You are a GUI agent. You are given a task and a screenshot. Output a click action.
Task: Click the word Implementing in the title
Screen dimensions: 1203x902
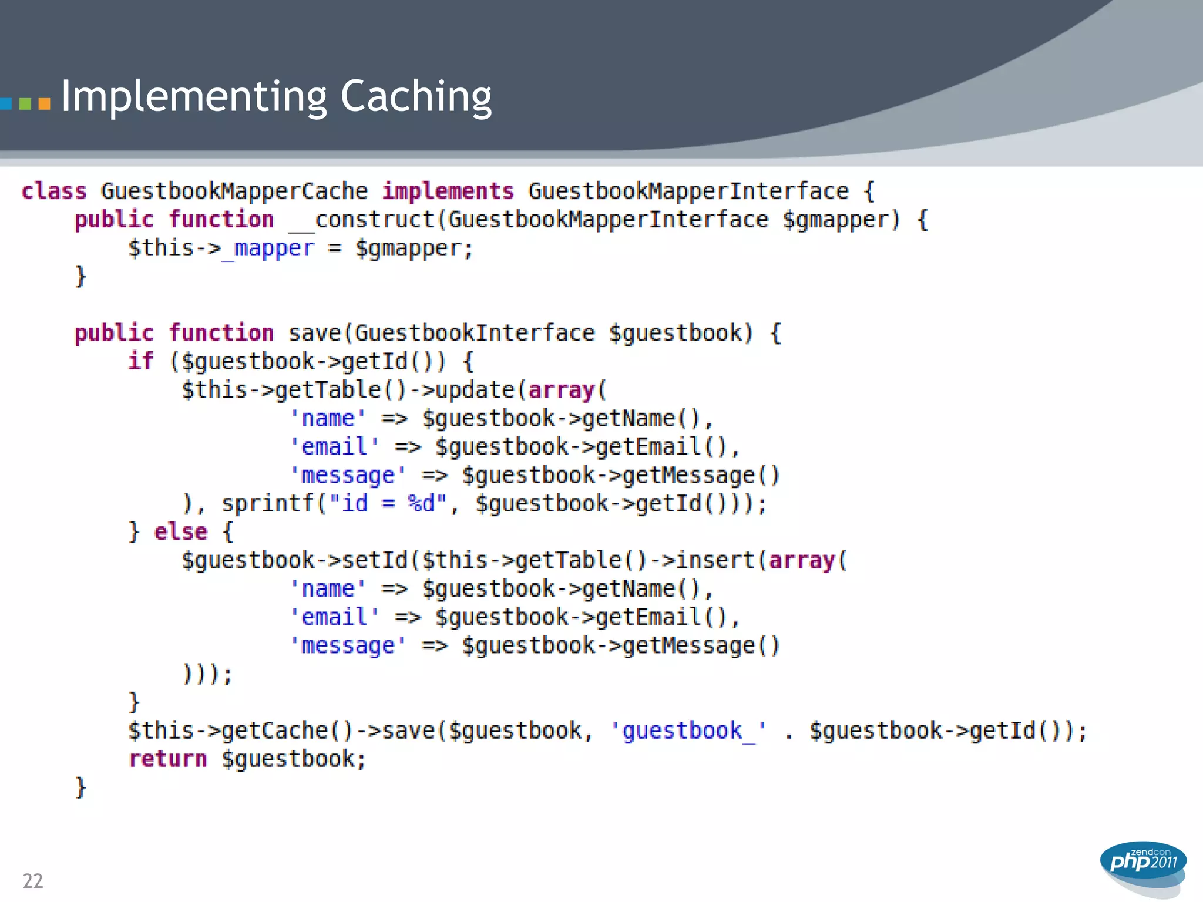coord(194,97)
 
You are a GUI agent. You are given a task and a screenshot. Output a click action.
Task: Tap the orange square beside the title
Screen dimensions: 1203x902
coord(44,105)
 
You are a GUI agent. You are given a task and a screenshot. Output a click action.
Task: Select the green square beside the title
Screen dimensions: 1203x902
coord(25,105)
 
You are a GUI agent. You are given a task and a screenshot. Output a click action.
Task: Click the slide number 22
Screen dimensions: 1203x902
coord(33,881)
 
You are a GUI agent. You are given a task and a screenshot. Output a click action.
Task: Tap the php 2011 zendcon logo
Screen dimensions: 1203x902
coord(1142,863)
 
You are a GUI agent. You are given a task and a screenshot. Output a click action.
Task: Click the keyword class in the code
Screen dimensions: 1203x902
coord(54,191)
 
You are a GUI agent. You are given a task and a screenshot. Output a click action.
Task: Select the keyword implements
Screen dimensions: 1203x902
coord(448,191)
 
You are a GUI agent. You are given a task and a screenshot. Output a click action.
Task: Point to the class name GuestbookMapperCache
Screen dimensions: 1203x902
coord(234,191)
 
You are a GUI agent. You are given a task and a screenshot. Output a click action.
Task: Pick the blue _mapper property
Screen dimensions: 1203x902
coord(268,248)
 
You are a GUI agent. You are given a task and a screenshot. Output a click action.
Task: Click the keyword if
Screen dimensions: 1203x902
coord(141,361)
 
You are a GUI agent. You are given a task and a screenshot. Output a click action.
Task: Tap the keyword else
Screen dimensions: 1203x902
coord(181,532)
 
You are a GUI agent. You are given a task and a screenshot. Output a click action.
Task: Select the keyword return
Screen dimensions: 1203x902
coord(168,759)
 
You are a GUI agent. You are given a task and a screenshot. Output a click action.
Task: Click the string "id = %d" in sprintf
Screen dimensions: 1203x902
coord(388,504)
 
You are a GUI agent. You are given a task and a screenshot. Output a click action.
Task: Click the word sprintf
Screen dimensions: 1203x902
coord(268,504)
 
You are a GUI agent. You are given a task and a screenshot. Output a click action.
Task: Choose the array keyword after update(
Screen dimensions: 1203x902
coord(562,390)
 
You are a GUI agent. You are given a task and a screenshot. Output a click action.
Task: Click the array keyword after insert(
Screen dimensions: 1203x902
coord(802,560)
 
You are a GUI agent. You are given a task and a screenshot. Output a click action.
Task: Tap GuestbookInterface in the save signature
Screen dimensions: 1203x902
coord(475,334)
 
